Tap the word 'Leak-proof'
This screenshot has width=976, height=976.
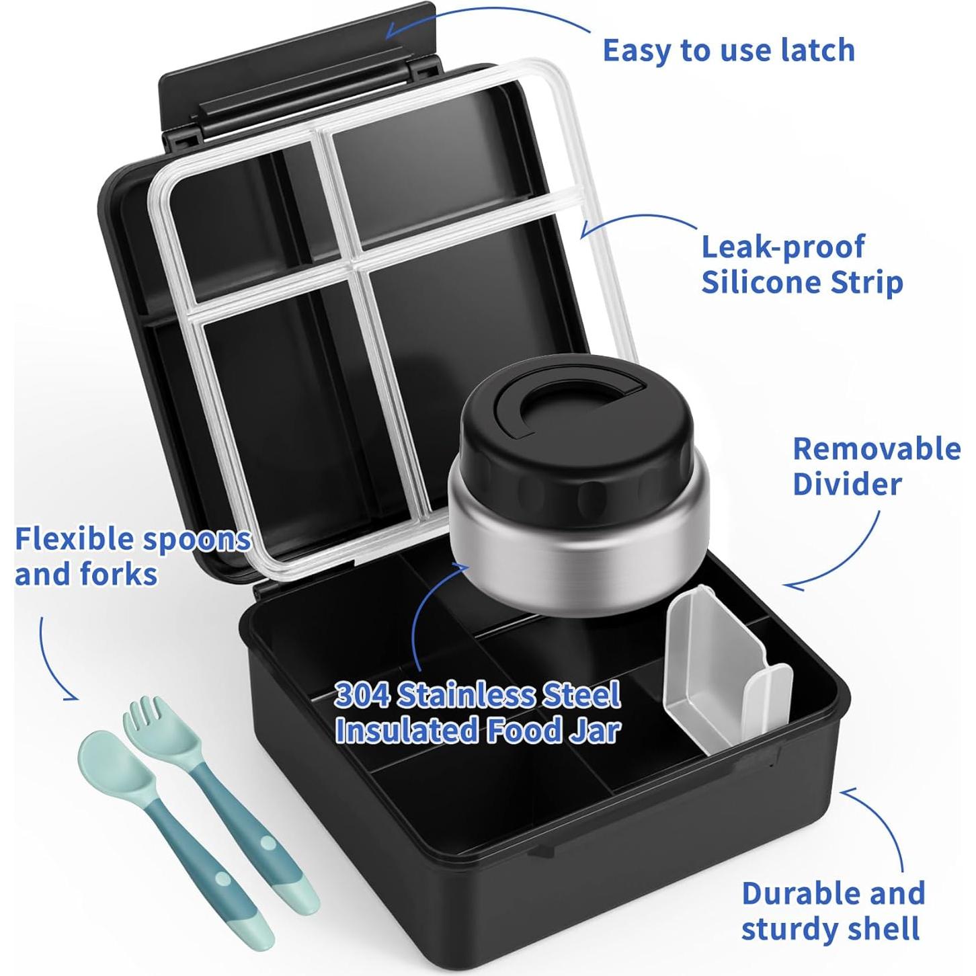coord(782,247)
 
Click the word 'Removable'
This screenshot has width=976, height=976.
coord(877,449)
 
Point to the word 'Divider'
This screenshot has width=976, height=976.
coord(847,484)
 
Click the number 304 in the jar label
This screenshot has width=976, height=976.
coord(362,696)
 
